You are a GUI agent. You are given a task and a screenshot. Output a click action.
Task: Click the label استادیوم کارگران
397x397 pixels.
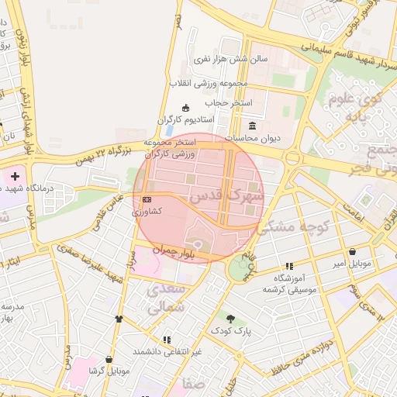pos(185,119)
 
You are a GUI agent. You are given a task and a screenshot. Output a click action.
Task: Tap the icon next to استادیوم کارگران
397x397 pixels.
pos(185,108)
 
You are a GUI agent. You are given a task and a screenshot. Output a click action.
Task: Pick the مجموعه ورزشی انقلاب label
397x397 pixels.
pos(209,82)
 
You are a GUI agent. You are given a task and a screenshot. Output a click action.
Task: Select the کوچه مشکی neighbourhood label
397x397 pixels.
pos(294,227)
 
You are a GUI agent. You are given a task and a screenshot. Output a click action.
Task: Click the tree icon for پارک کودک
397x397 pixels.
pos(230,318)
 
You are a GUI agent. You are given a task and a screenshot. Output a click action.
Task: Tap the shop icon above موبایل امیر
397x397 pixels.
pos(353,252)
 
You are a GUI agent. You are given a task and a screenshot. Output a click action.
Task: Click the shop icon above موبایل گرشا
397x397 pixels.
pos(109,360)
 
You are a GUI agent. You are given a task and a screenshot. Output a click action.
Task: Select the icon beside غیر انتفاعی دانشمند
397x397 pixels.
pos(167,340)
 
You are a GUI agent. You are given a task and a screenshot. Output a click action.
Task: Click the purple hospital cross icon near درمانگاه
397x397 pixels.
pos(15,177)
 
